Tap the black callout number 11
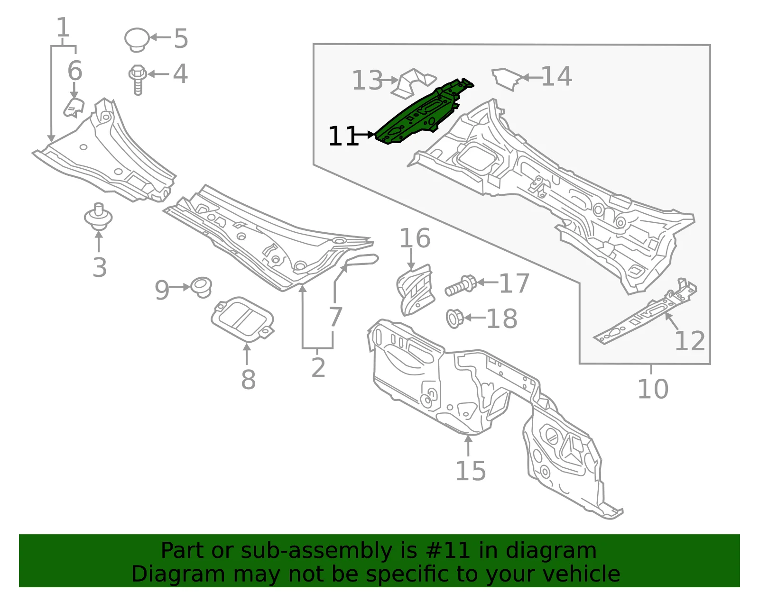coord(343,136)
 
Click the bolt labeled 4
coord(138,80)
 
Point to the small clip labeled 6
coord(74,108)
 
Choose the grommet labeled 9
coord(201,287)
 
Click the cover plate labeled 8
coord(243,319)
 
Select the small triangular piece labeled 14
coord(507,79)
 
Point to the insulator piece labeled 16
coord(416,290)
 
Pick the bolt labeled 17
coord(461,286)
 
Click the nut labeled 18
coord(454,318)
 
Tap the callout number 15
coord(471,471)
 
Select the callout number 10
coord(653,389)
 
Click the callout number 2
coord(318,367)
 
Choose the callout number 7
coord(335,317)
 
